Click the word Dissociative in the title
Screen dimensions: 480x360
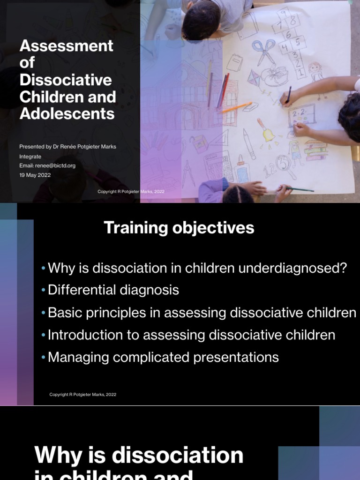(66, 80)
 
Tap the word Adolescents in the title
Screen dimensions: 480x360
(67, 114)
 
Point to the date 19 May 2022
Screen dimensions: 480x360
(35, 175)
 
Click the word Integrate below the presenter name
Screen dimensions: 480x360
(30, 157)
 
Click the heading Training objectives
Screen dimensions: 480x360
(179, 228)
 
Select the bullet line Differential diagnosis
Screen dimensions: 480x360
(113, 290)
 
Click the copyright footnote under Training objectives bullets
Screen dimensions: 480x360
(83, 395)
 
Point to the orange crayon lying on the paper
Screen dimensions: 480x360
(235, 107)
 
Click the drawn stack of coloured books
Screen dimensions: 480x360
(316, 151)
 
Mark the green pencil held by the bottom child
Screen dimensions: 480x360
(300, 189)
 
